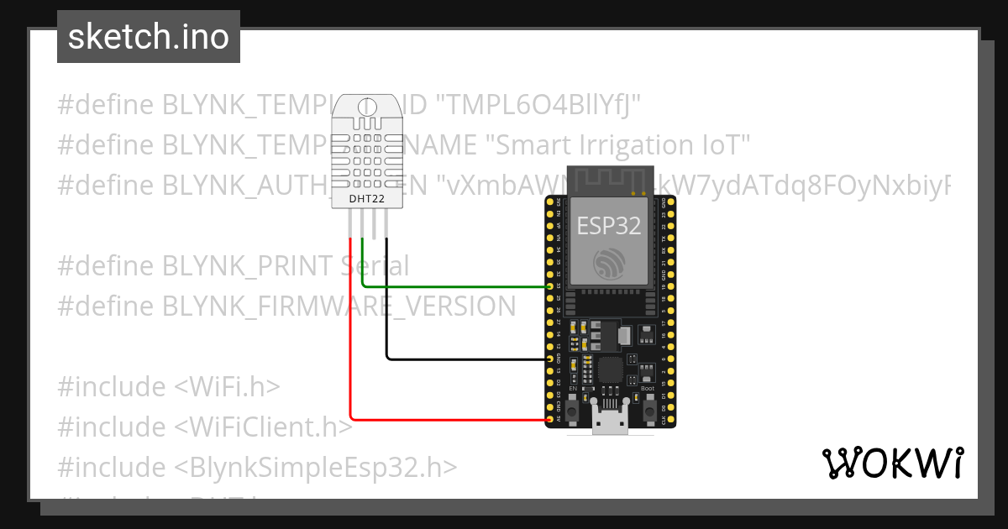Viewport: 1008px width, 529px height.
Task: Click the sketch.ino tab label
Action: (x=149, y=37)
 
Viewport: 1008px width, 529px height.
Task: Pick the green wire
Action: (x=454, y=286)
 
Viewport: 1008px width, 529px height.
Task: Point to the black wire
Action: (x=462, y=359)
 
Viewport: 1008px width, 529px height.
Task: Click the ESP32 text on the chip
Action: (x=609, y=224)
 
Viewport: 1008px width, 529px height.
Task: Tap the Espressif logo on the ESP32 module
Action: (x=609, y=264)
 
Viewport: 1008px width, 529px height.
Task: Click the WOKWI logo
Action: (x=892, y=463)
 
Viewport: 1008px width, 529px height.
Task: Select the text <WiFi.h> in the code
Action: (x=227, y=387)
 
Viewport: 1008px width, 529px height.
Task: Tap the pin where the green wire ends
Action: (x=551, y=286)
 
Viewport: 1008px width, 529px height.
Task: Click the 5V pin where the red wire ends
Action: (x=551, y=419)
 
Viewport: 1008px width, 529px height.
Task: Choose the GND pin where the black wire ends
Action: (x=551, y=359)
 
